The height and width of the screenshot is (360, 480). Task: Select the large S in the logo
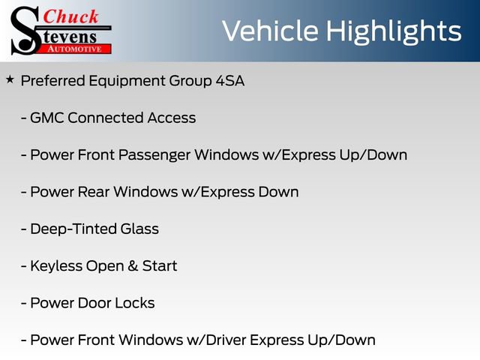point(25,30)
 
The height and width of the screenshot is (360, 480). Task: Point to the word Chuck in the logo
point(71,16)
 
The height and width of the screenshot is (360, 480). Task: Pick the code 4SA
point(229,81)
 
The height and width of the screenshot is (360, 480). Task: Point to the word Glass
point(138,229)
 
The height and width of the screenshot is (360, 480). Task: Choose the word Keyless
point(56,265)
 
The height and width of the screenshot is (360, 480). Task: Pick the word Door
point(96,303)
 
